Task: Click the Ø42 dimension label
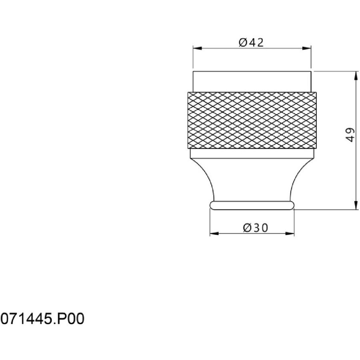click(x=251, y=42)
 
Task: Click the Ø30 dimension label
click(x=256, y=228)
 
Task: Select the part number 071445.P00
click(x=42, y=319)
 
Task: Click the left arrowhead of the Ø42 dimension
click(x=197, y=48)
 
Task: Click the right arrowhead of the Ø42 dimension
click(x=307, y=48)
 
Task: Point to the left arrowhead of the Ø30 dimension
click(x=214, y=234)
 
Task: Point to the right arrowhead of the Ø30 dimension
click(x=290, y=234)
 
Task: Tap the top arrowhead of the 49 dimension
click(x=356, y=76)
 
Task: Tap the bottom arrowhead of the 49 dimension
click(x=356, y=205)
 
